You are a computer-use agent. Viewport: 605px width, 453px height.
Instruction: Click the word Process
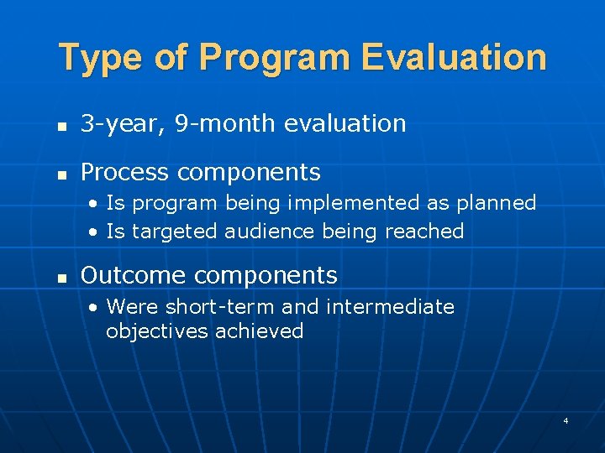pos(124,173)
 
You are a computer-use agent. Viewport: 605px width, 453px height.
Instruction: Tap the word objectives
pos(157,331)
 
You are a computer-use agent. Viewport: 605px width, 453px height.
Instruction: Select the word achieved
pos(259,331)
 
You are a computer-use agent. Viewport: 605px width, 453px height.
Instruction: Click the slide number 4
pos(566,420)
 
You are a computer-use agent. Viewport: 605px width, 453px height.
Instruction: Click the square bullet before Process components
pos(61,174)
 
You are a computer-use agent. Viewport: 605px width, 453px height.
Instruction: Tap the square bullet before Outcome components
pos(61,277)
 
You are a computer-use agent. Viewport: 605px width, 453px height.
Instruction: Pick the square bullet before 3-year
pos(61,126)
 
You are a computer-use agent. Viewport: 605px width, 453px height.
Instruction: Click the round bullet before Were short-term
pos(96,308)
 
